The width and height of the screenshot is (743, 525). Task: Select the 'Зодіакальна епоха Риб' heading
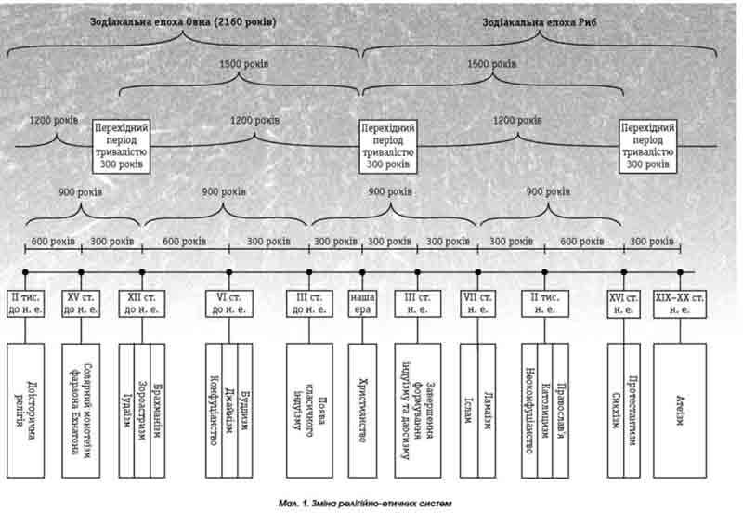point(540,20)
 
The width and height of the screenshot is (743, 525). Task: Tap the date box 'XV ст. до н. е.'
point(81,303)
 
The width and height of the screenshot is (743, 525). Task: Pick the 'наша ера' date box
point(362,303)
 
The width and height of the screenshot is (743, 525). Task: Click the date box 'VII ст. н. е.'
point(477,303)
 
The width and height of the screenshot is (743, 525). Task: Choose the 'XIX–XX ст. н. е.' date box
point(680,303)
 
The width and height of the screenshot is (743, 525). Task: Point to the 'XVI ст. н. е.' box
point(623,303)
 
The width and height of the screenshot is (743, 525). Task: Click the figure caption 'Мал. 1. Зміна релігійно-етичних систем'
point(363,503)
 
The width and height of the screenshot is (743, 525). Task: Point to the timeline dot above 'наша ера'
point(362,272)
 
